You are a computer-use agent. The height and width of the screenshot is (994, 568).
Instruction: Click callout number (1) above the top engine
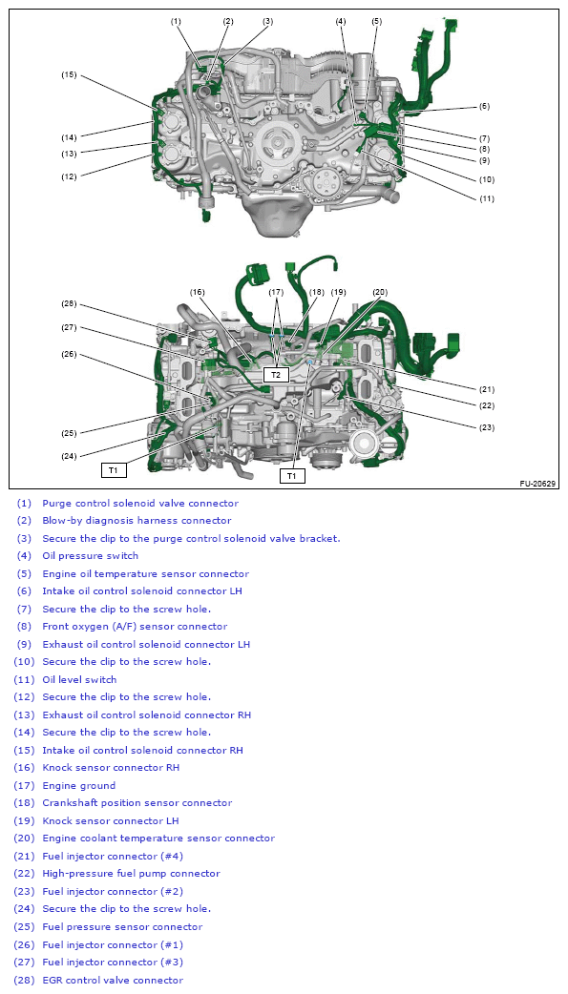pos(176,22)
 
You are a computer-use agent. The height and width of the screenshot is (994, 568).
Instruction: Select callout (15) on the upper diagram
pos(69,74)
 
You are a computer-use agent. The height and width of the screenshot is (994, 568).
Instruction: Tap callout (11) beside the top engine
pos(487,198)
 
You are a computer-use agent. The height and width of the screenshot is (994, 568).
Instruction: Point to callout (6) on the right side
pos(485,107)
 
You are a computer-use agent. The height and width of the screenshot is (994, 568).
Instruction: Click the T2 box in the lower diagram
pos(276,375)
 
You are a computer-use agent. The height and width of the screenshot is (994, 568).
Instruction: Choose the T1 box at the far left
pos(114,469)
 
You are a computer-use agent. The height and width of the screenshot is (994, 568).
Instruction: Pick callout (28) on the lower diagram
pos(69,303)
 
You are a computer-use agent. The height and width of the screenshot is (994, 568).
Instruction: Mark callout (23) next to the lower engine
pos(487,427)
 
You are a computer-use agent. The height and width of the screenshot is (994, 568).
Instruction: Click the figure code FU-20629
pos(538,484)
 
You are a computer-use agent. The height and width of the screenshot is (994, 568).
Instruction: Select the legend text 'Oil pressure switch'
pos(90,556)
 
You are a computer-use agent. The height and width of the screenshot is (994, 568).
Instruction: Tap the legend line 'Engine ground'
pos(78,785)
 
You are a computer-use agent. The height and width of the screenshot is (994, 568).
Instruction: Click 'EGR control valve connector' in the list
pos(113,980)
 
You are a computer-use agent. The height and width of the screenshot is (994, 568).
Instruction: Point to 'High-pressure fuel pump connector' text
pos(131,874)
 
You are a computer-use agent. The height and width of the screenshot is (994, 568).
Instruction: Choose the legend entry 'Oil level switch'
pos(79,679)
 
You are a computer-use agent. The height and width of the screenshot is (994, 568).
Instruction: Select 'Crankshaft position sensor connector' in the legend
pos(137,802)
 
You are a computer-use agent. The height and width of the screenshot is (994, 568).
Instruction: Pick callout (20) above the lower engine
pos(380,292)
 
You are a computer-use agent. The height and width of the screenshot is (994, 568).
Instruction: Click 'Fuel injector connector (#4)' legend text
pos(113,856)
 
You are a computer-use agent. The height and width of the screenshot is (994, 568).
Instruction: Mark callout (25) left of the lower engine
pos(69,434)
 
